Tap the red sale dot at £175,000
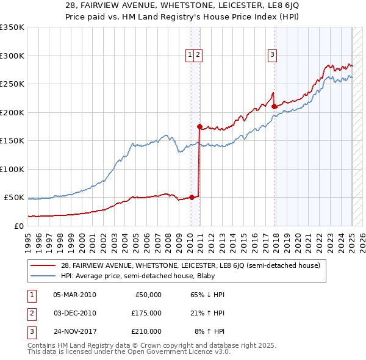[199, 126]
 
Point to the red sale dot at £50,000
[192, 197]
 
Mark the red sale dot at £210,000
[274, 107]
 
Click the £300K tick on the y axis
[12, 56]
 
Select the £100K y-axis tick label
[12, 169]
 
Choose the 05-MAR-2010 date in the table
[74, 295]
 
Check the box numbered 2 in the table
[30, 313]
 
